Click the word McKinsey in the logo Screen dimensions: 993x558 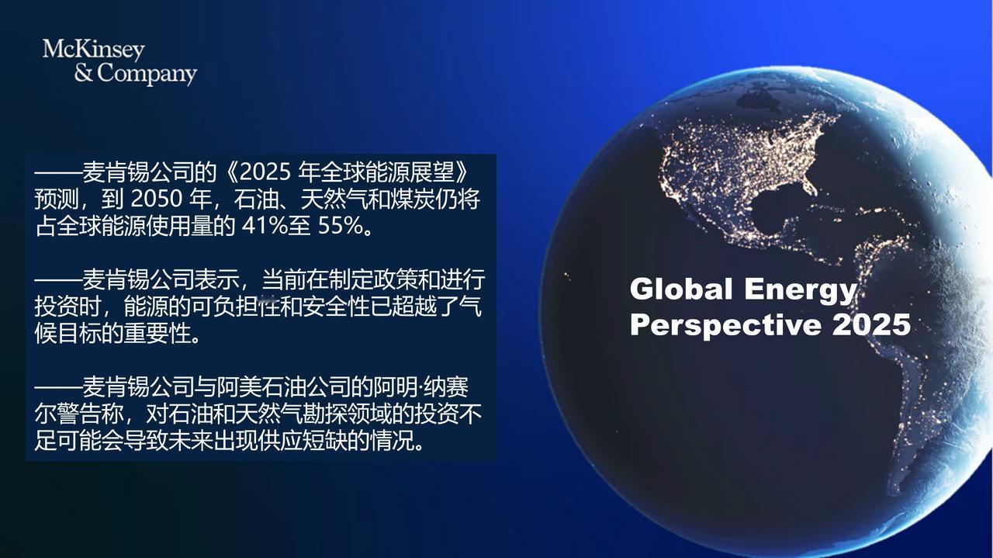[94, 50]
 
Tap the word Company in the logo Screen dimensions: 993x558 [147, 74]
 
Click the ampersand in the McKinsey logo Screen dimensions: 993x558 [84, 73]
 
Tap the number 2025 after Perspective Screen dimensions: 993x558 [871, 324]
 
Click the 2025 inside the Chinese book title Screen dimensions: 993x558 [265, 172]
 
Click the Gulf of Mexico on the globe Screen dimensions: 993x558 [780, 212]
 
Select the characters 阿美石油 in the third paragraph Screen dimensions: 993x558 [261, 388]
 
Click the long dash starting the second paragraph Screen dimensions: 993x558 [58, 279]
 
